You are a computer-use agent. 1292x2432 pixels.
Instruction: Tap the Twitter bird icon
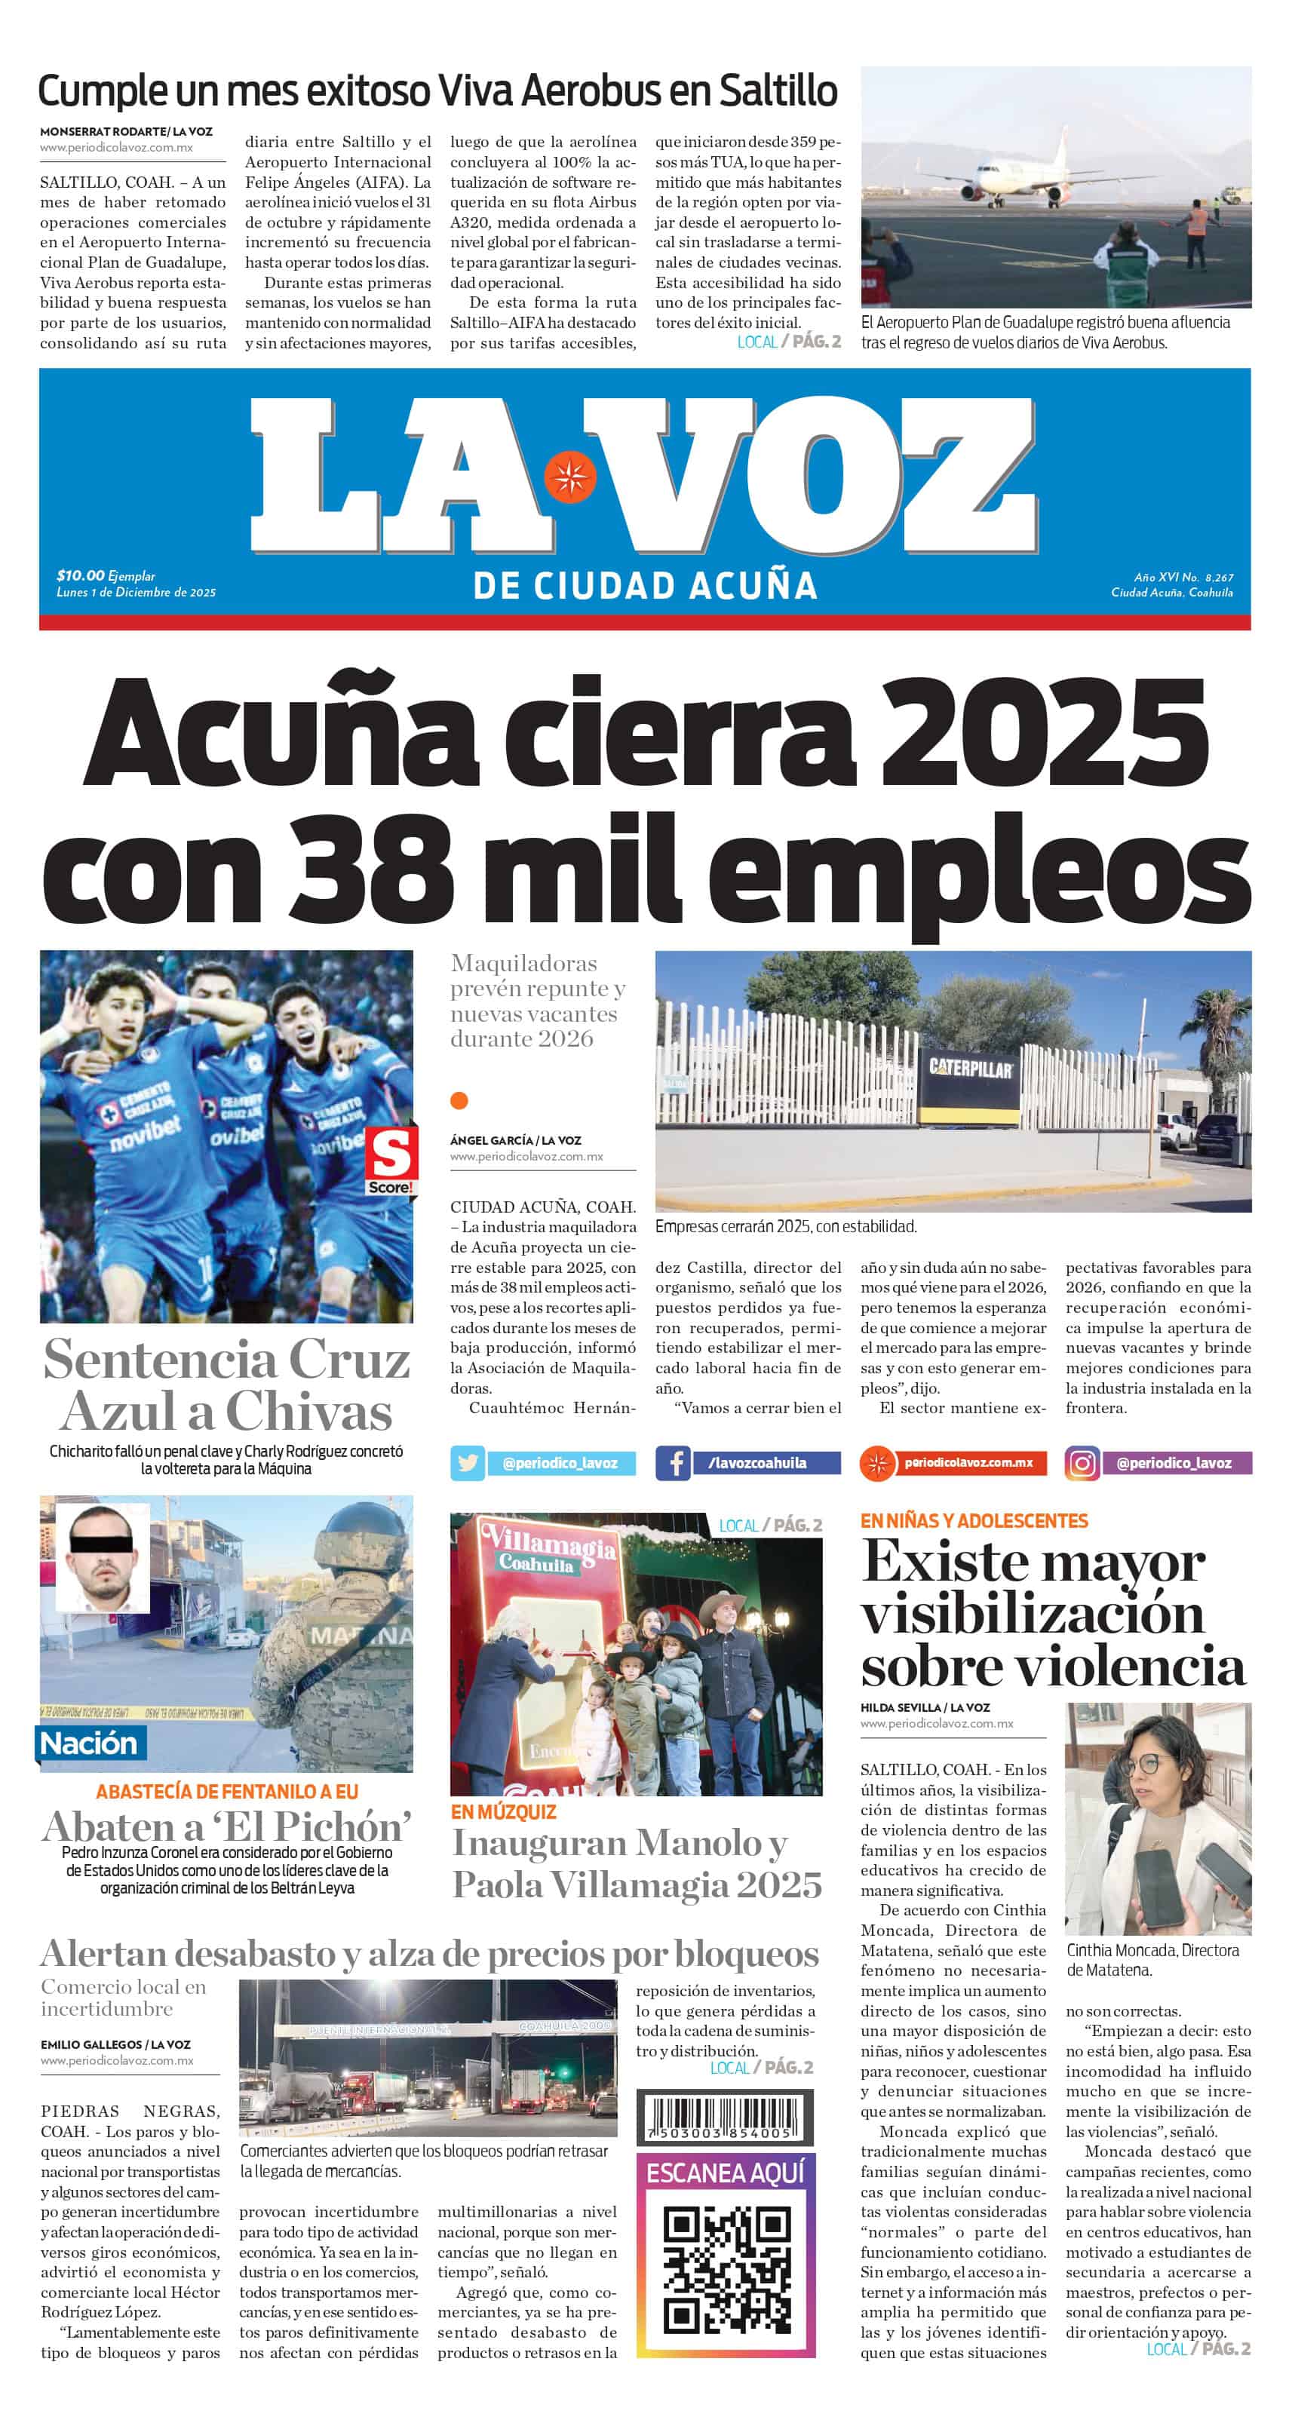[467, 1462]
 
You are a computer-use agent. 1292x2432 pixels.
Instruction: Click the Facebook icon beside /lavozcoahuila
[674, 1462]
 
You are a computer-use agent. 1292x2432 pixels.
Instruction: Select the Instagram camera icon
[1082, 1462]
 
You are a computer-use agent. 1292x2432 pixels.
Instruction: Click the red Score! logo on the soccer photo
[391, 1161]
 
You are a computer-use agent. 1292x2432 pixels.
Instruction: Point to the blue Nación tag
[89, 1742]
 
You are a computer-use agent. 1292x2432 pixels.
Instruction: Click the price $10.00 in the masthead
[80, 575]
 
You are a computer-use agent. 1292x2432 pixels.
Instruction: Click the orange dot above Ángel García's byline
[459, 1100]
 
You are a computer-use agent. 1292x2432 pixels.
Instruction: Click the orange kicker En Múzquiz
[502, 1811]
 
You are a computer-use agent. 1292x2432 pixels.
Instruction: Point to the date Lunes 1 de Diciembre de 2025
[136, 592]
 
